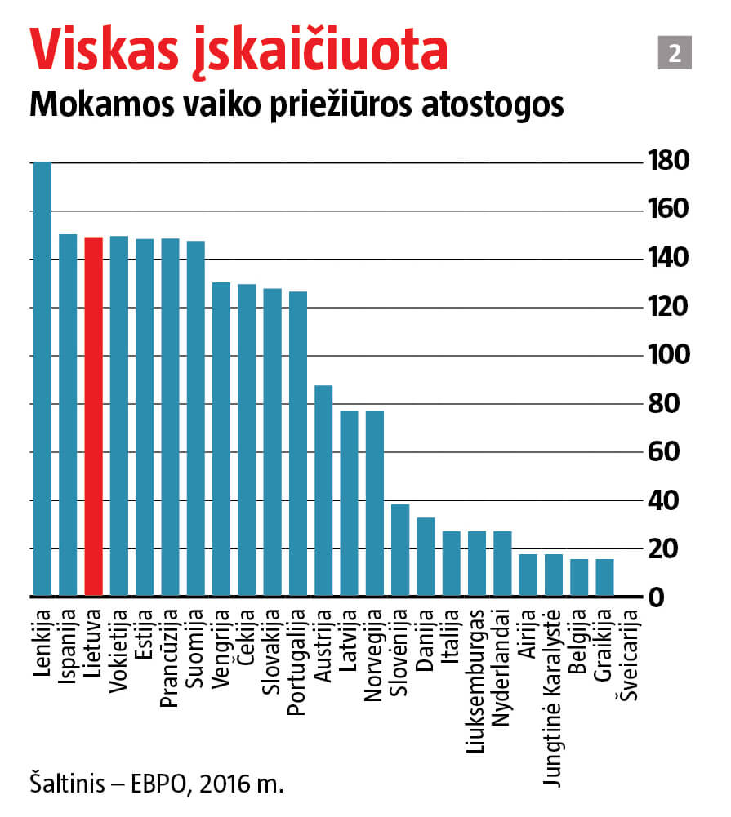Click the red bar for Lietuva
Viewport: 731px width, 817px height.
94,416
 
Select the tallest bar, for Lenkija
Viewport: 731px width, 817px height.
42,380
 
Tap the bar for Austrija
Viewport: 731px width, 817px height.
323,491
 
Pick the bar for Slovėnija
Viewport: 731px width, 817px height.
400,551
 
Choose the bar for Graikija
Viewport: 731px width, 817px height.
604,578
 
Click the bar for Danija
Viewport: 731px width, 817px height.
426,557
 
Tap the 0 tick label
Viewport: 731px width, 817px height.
680,598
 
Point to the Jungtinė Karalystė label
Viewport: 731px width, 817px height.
553,698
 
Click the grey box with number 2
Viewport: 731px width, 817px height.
675,54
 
